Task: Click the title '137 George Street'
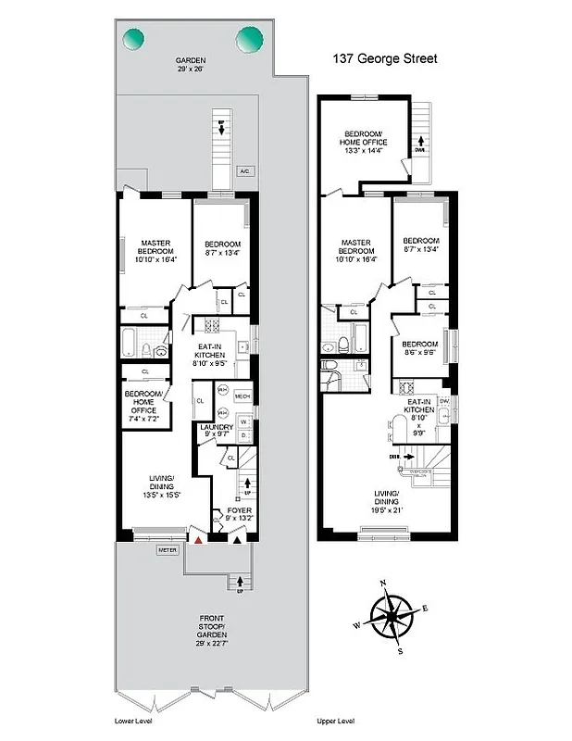click(x=385, y=57)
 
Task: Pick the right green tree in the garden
click(x=249, y=39)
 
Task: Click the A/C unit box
click(x=244, y=171)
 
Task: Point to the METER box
click(x=167, y=549)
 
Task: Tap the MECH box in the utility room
click(x=242, y=396)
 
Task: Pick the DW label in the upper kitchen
click(x=444, y=400)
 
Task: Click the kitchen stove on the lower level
click(x=209, y=327)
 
